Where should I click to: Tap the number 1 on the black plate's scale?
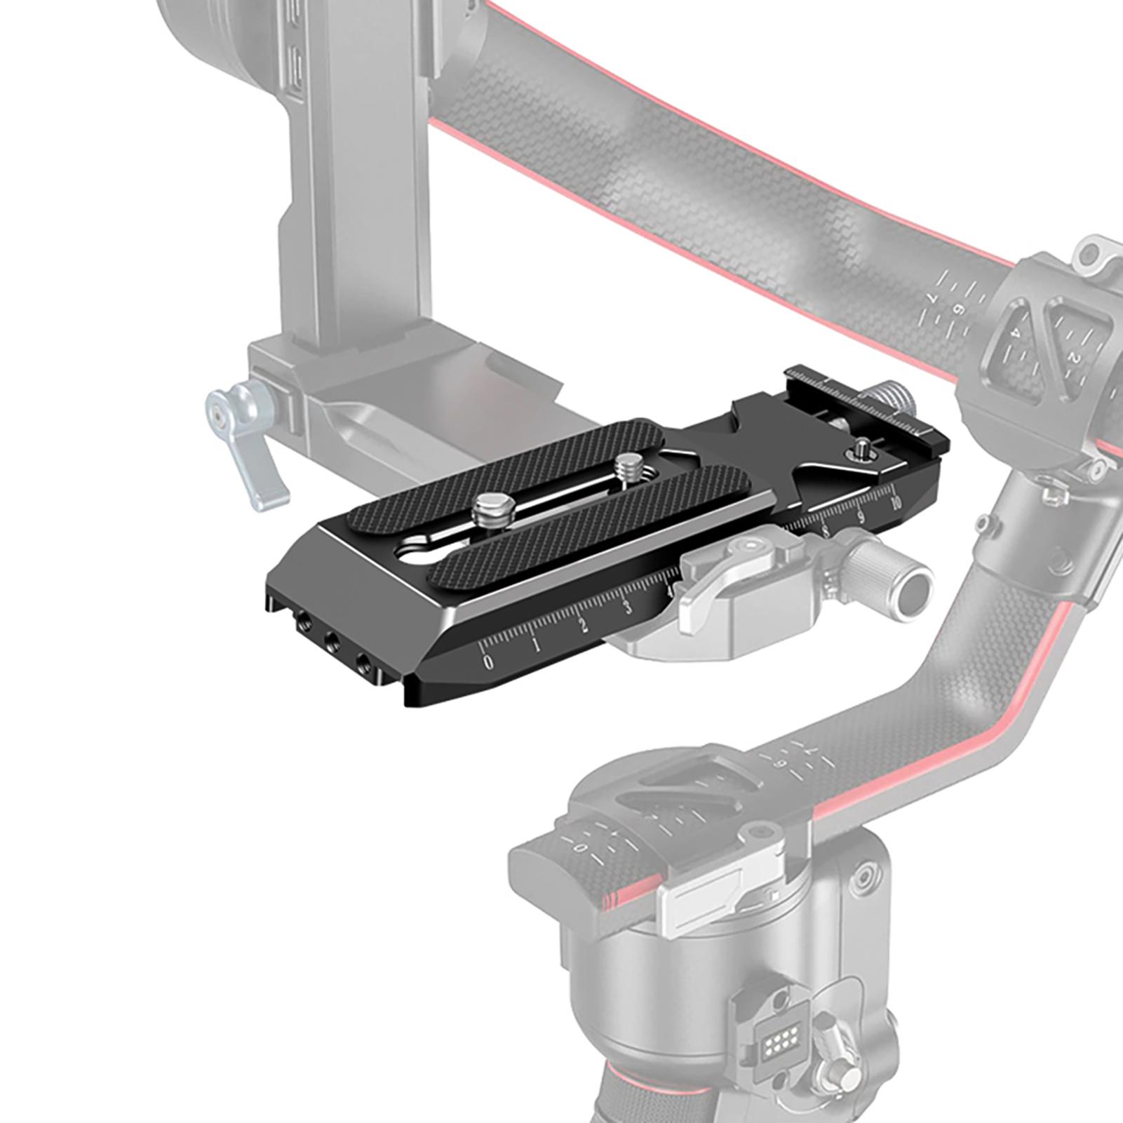(536, 645)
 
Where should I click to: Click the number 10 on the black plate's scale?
(894, 504)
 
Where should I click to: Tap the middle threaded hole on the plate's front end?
(330, 640)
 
